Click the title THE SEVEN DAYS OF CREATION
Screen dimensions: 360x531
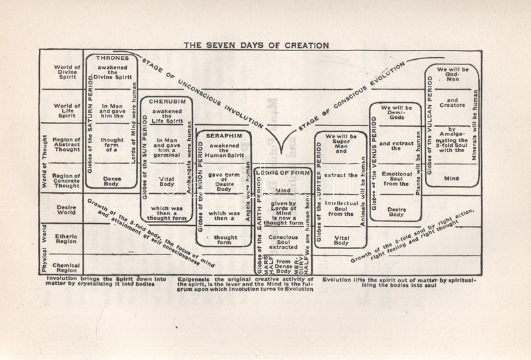pos(256,45)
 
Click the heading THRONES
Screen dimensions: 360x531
pos(112,58)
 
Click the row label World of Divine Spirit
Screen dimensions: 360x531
pos(66,72)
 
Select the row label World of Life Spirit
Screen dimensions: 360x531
pos(66,110)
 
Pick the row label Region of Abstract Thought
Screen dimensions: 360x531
pos(66,145)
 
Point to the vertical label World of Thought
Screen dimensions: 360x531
pos(44,160)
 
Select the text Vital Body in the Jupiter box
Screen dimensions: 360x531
pos(341,238)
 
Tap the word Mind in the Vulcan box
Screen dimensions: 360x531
pos(451,178)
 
